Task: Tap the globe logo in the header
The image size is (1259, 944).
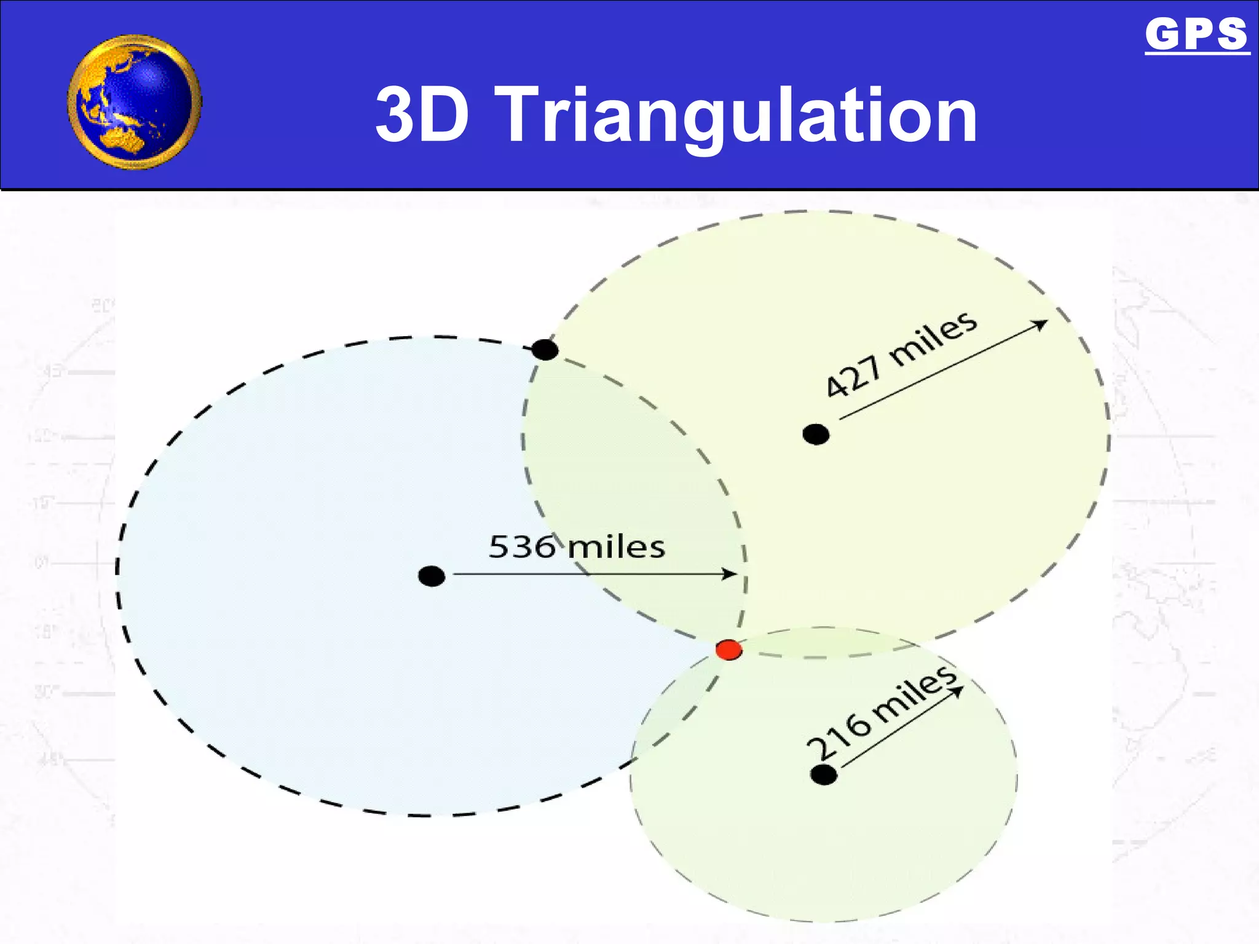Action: (x=135, y=102)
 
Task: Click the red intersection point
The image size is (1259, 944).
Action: (x=729, y=650)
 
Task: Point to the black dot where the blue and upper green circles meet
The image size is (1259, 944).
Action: (x=545, y=350)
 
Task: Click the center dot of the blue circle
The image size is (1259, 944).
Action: (x=432, y=576)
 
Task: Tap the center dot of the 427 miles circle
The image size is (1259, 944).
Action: (x=816, y=435)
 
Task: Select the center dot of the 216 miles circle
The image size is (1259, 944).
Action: (x=824, y=775)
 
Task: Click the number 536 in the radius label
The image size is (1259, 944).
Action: (x=522, y=546)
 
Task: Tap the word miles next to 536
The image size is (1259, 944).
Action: (x=616, y=546)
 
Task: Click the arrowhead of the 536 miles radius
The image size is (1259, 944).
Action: (x=731, y=574)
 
